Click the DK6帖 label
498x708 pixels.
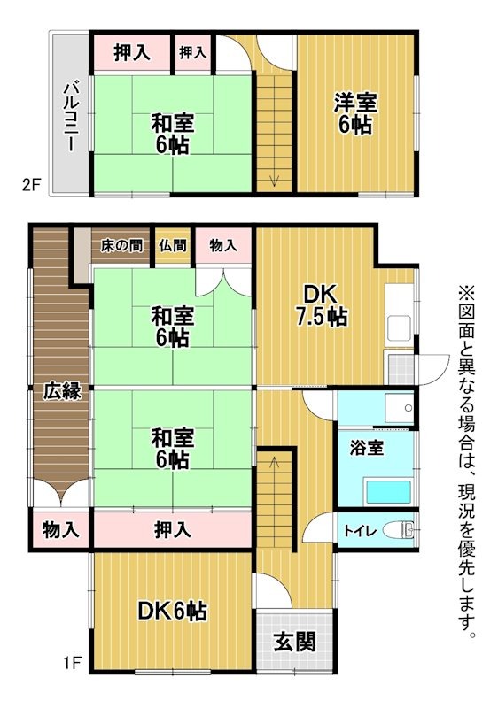click(172, 611)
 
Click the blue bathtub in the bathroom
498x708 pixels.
click(386, 490)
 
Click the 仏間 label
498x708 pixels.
click(173, 246)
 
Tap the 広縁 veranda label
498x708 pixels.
click(60, 390)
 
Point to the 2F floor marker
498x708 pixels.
click(32, 185)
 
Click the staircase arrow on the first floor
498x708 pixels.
click(275, 460)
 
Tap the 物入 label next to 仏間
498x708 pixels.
click(223, 246)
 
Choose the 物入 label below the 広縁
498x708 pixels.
click(60, 530)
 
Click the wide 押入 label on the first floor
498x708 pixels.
click(172, 530)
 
